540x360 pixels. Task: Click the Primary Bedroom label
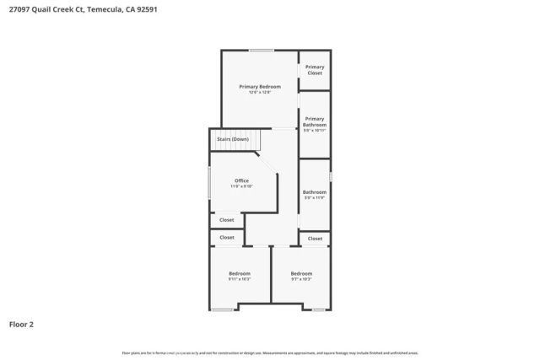point(260,86)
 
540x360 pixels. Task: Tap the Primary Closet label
point(315,70)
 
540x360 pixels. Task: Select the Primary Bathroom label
point(315,121)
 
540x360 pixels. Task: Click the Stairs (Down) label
point(233,139)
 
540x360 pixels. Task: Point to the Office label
point(241,180)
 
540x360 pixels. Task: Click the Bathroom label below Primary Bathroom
point(315,192)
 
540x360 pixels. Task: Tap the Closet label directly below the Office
point(227,220)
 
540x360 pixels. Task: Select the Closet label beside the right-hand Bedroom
point(315,239)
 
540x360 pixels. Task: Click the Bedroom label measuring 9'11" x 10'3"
point(240,273)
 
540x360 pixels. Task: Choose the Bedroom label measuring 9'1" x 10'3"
point(301,273)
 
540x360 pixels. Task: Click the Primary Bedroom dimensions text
point(260,92)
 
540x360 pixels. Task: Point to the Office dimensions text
point(241,186)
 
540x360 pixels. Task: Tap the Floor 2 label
point(21,324)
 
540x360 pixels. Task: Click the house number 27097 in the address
point(19,10)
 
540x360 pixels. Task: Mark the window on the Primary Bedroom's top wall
point(261,51)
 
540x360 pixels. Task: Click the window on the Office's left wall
point(210,182)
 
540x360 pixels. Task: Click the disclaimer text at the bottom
point(270,352)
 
